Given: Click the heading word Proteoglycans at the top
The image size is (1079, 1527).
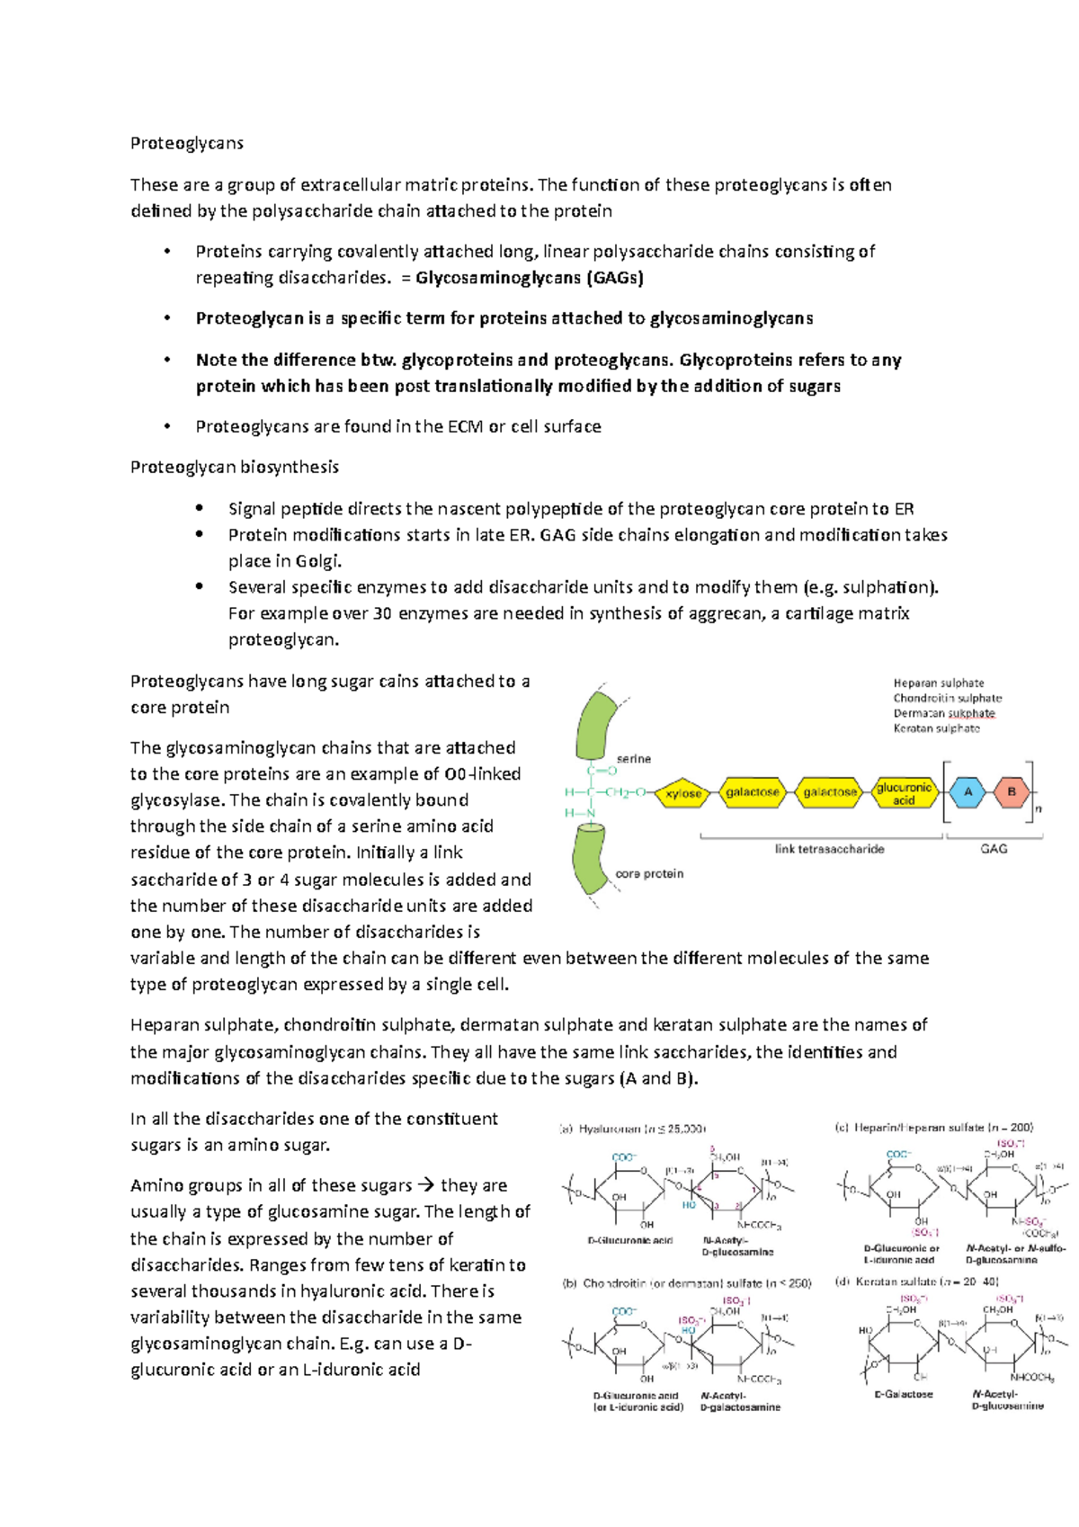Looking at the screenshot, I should [x=187, y=143].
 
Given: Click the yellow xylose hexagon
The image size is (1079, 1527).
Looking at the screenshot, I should [x=683, y=793].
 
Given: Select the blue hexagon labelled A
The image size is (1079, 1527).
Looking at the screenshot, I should [x=968, y=792].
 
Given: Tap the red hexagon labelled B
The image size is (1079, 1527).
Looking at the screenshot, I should [x=1012, y=792].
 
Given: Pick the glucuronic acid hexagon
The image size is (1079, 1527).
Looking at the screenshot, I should [x=904, y=793].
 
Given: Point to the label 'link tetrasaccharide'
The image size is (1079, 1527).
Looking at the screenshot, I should [x=829, y=849].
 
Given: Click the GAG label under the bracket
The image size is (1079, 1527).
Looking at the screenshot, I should [x=994, y=849].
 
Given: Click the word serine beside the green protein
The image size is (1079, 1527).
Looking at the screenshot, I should [x=633, y=759].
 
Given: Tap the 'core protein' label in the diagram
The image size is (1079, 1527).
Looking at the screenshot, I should [x=649, y=874].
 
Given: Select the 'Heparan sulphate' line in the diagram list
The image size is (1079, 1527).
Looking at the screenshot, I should [x=939, y=683].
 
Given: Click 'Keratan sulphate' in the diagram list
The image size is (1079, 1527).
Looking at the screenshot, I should [x=936, y=728].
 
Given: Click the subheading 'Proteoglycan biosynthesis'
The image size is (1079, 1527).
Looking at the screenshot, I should [x=235, y=467].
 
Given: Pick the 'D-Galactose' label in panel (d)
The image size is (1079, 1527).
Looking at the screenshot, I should [x=904, y=1394].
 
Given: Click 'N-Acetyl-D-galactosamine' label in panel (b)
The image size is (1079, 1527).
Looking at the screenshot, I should [x=740, y=1401].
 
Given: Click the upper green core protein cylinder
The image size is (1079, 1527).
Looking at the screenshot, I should [x=594, y=725].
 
